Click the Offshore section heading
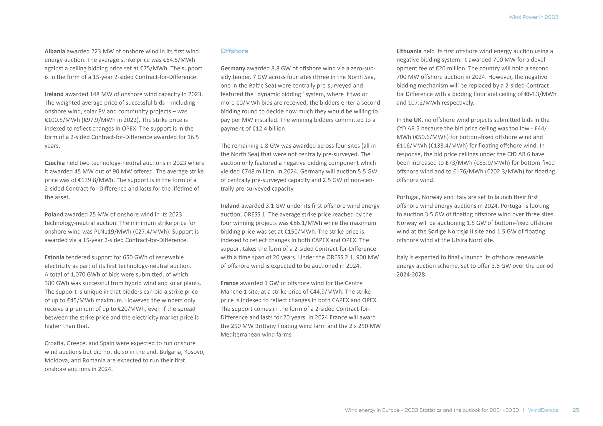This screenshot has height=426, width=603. coord(234,51)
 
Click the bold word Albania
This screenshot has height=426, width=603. coord(55,51)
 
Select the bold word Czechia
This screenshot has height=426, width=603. coord(54,163)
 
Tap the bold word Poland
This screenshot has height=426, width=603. coord(54,214)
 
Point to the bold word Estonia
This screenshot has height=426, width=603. coord(54,257)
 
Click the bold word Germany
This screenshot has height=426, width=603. coord(233,69)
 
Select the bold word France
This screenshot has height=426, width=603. coord(229,283)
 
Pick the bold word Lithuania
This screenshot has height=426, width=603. coord(409,51)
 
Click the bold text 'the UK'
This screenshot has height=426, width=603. coord(412,120)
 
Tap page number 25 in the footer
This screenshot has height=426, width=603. coord(576,410)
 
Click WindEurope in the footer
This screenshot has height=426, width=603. coord(543,410)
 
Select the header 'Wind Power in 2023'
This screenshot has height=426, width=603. coord(533,17)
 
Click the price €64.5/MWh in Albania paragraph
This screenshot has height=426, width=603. coord(179,60)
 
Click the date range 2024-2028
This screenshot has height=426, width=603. coord(411,274)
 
